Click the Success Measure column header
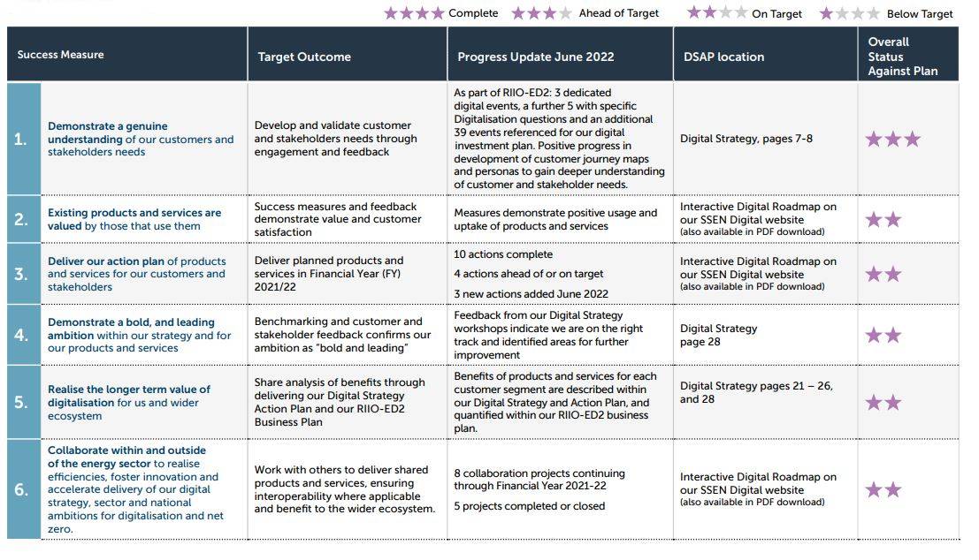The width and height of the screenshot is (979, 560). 60,55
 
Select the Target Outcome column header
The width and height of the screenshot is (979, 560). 304,57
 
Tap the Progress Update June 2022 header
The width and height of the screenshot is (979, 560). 536,57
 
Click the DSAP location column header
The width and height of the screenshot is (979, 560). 723,57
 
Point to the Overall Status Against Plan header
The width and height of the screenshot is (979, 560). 903,57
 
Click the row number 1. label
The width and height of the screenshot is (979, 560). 20,139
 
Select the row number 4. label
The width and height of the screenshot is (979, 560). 20,335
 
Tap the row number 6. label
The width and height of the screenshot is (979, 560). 20,489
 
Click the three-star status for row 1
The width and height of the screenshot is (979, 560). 893,139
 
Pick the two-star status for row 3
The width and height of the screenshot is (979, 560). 883,274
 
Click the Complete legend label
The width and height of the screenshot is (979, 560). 473,13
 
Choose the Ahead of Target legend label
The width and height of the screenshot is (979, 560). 619,13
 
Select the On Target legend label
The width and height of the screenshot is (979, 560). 776,14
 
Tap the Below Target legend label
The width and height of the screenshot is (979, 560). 920,14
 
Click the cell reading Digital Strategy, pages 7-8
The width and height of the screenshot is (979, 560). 746,139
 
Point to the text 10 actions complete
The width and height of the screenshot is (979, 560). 503,254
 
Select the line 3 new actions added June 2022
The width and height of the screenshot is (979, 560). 531,294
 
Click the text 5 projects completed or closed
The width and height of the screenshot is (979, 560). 530,506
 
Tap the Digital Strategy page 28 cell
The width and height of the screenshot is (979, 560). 719,335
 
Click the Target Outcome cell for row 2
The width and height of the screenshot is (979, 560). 338,219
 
